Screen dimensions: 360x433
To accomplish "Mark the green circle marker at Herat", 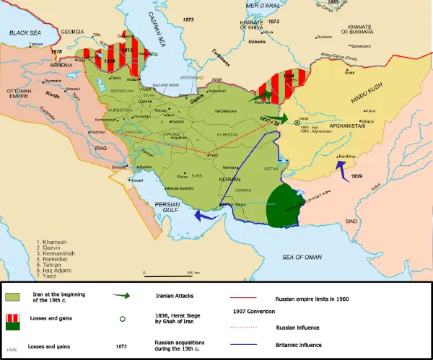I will (x=297, y=123).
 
